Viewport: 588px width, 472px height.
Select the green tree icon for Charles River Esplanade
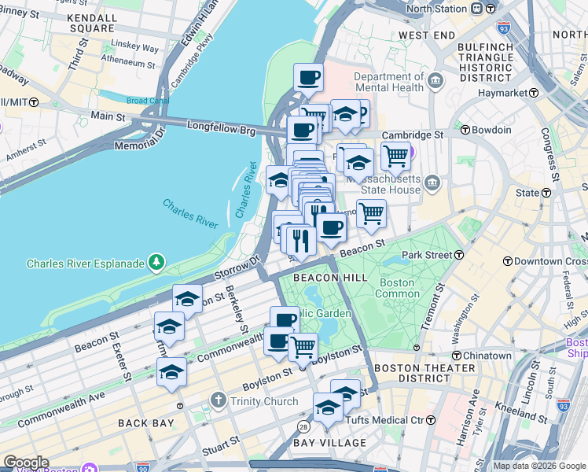157,262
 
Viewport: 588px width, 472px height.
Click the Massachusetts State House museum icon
432,184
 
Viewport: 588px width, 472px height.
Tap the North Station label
437,9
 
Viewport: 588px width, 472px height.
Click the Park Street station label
430,256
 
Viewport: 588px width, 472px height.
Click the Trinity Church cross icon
219,402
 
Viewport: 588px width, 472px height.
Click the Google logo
27,463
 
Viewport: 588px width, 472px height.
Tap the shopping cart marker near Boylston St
303,347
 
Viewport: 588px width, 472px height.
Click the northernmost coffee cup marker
308,77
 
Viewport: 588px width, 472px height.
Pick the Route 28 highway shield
302,426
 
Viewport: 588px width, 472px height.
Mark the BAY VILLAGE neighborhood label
330,443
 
